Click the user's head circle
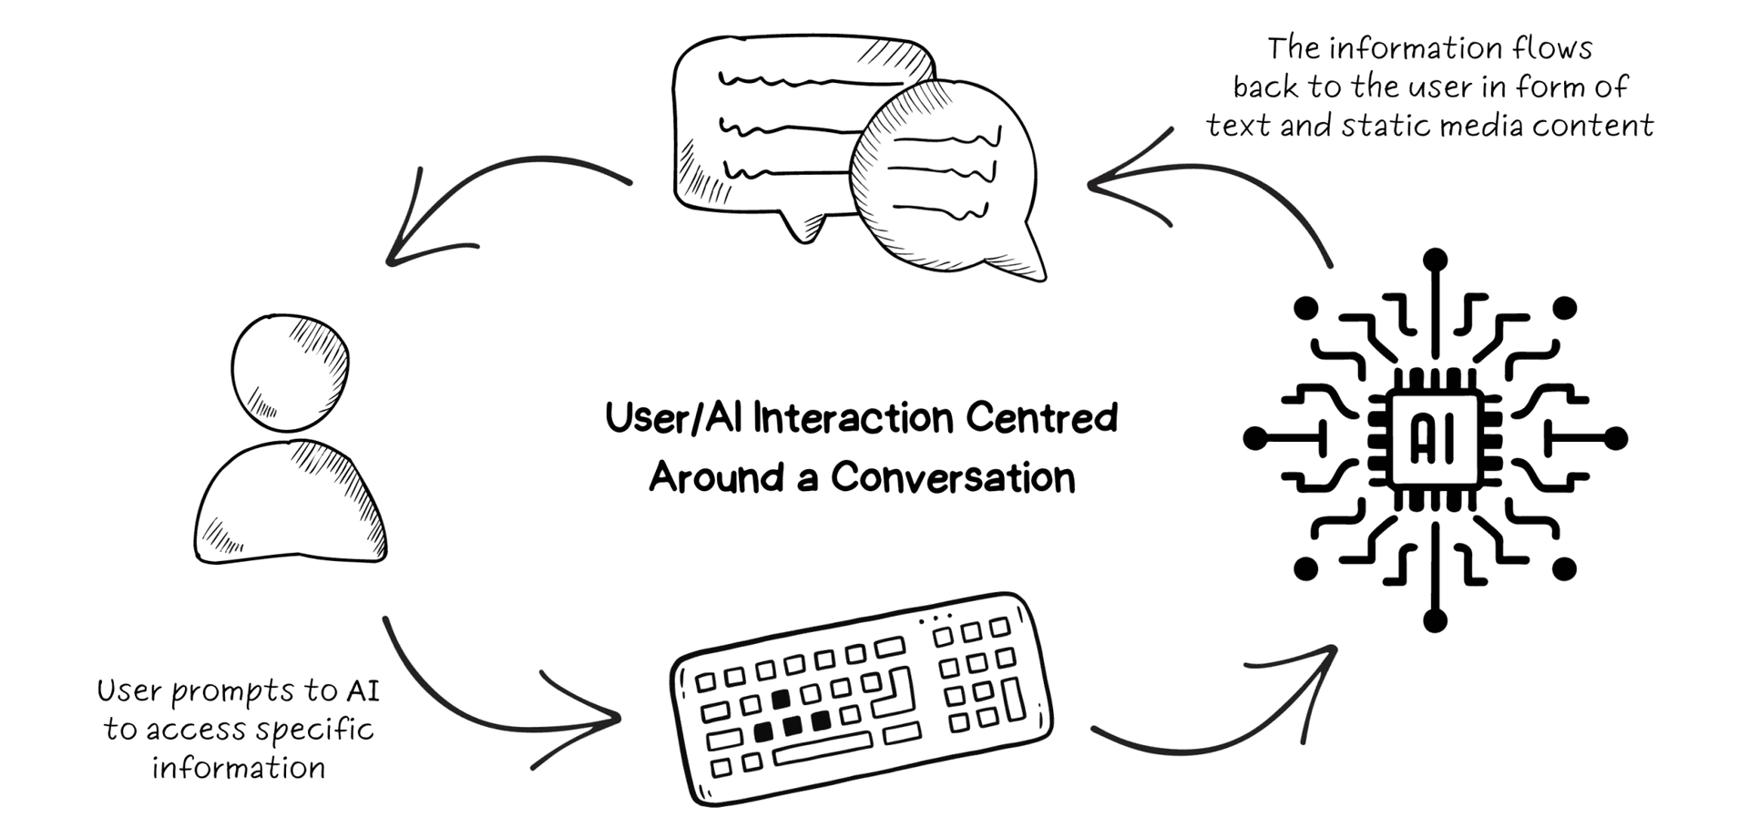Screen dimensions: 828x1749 point(290,373)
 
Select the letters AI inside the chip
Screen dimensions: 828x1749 point(1434,439)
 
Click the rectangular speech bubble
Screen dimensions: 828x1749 point(774,128)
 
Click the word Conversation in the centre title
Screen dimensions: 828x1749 point(953,477)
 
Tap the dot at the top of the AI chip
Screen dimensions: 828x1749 point(1435,260)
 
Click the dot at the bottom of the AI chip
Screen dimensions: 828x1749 point(1435,621)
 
